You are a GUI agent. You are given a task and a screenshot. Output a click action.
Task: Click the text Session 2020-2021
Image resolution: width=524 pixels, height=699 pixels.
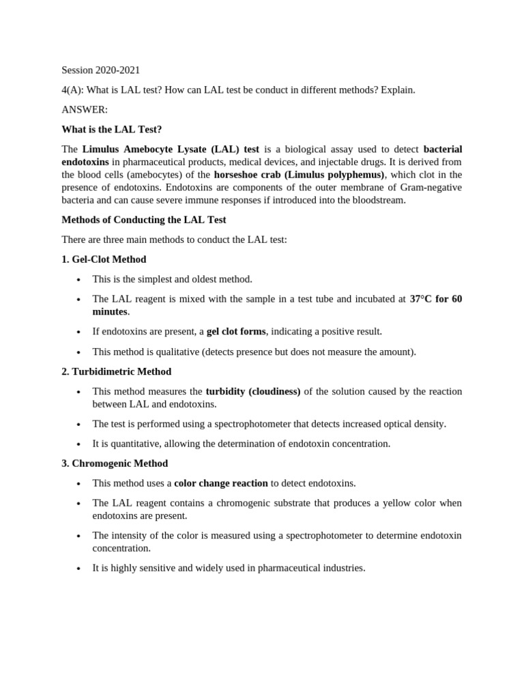tap(100, 70)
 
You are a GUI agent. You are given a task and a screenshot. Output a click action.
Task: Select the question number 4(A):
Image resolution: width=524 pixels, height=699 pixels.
tap(73, 90)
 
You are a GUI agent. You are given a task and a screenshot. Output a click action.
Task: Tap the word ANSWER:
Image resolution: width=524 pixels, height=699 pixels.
tap(85, 109)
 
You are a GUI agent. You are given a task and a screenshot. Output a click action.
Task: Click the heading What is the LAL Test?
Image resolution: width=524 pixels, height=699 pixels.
tap(111, 129)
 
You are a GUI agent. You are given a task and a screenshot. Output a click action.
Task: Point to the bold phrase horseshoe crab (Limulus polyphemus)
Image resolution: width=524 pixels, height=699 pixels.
tap(299, 174)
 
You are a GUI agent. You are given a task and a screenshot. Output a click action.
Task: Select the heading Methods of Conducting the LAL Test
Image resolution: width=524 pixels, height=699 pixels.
tap(143, 220)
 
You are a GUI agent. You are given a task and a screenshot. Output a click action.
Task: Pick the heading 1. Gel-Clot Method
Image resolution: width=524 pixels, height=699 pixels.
tap(104, 259)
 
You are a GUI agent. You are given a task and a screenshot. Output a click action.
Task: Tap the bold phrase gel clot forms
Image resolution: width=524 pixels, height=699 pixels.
tap(236, 331)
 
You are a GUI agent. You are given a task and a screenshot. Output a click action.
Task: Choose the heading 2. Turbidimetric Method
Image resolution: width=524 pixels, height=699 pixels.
tap(116, 371)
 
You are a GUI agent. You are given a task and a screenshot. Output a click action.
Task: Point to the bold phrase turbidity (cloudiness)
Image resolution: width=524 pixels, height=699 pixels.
tap(252, 391)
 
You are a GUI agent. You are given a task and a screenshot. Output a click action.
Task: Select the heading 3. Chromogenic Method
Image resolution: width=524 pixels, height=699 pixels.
tap(115, 463)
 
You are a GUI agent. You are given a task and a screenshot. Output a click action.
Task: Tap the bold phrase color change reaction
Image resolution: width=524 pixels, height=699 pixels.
tap(220, 483)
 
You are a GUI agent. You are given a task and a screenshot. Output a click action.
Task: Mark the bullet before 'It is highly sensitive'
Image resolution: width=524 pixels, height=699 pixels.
tap(79, 569)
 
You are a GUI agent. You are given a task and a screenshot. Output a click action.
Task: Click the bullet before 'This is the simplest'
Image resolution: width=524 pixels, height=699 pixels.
tap(79, 280)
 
